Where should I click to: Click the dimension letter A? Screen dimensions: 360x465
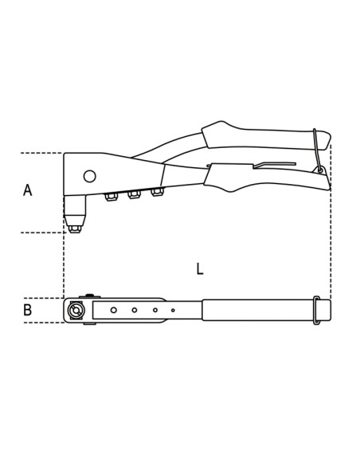[28, 190]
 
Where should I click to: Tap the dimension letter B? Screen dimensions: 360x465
[28, 310]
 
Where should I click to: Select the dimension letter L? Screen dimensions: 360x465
[200, 268]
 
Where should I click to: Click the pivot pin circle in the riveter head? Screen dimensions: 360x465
[89, 177]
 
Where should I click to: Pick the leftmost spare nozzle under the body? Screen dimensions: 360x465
[111, 197]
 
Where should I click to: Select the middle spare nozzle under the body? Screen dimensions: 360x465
[134, 194]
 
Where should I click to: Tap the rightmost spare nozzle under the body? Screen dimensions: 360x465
[157, 192]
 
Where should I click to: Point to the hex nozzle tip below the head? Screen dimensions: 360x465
[75, 229]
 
